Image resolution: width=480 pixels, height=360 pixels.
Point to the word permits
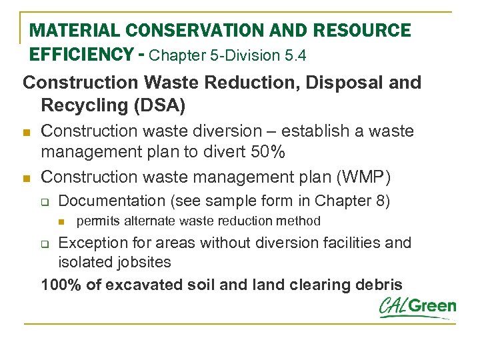coord(97,221)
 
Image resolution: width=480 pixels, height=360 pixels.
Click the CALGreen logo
coord(417,307)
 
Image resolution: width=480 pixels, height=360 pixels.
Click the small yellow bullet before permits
coord(63,221)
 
